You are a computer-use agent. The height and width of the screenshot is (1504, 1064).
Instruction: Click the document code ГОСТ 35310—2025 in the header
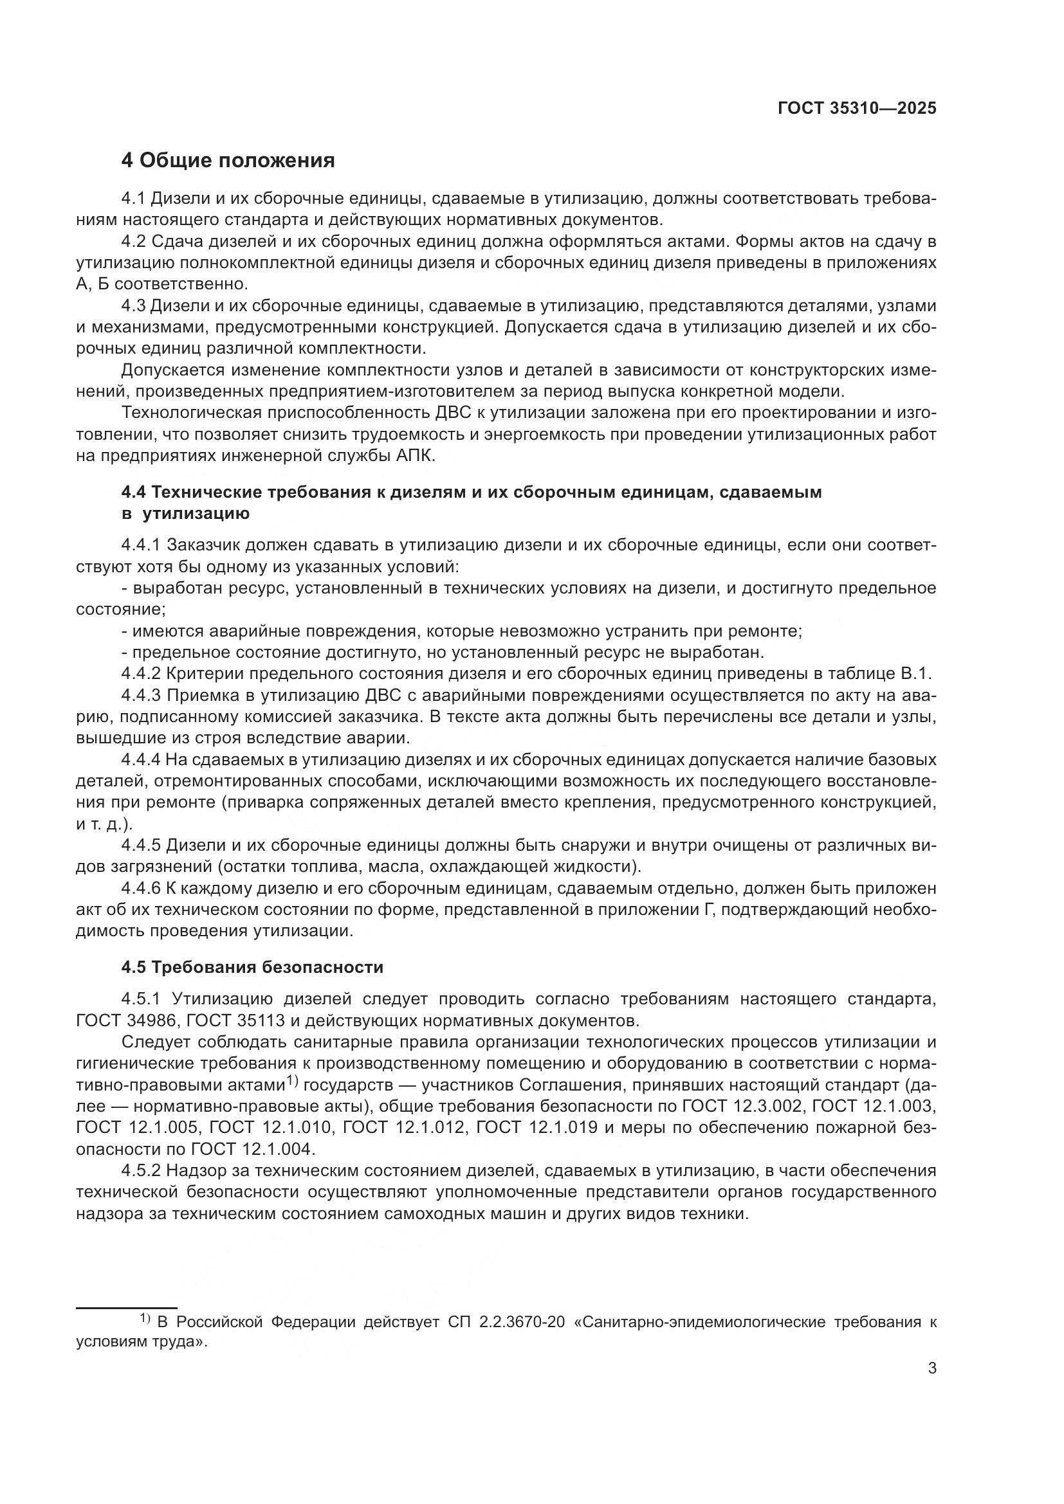(857, 109)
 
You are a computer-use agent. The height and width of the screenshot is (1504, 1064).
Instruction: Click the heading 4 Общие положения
(228, 161)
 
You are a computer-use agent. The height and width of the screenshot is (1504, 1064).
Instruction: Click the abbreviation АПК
(416, 456)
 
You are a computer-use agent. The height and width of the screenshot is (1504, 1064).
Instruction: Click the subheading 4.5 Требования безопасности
(252, 967)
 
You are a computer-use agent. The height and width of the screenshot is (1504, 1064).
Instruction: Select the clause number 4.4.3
(140, 696)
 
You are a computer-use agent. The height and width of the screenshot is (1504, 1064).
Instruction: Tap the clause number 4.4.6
(140, 889)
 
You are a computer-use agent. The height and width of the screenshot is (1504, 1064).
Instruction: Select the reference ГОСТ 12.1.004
(253, 1149)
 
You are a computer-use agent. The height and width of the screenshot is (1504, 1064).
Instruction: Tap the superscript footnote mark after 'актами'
(292, 1082)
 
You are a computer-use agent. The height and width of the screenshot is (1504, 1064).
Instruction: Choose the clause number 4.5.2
(140, 1170)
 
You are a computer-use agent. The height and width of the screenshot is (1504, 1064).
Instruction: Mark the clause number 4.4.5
(140, 846)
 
